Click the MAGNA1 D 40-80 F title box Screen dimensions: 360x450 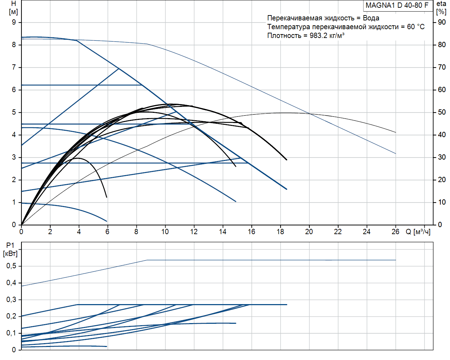(x=397, y=5)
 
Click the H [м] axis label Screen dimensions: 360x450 (x=13, y=8)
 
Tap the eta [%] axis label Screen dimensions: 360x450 (x=441, y=8)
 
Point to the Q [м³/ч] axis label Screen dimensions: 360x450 (x=418, y=232)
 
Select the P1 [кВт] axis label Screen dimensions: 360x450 (x=10, y=249)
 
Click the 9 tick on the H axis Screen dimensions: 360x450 (x=14, y=22)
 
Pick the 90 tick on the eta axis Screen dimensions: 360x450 (x=442, y=22)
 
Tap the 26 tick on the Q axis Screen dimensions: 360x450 (x=396, y=232)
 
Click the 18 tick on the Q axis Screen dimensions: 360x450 (x=280, y=232)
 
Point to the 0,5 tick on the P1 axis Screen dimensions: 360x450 (x=11, y=266)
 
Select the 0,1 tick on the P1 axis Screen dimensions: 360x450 (x=11, y=333)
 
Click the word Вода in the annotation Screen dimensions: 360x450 (x=371, y=18)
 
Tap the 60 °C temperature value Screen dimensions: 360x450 (x=416, y=27)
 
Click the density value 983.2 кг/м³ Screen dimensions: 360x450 (x=327, y=36)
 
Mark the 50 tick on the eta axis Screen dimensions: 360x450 (x=442, y=112)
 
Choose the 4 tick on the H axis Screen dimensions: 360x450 (x=14, y=135)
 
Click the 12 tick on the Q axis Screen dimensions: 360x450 (x=194, y=232)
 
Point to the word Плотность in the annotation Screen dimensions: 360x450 (x=284, y=36)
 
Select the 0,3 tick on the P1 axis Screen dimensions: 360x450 (x=11, y=300)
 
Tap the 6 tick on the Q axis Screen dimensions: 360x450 (x=107, y=232)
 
